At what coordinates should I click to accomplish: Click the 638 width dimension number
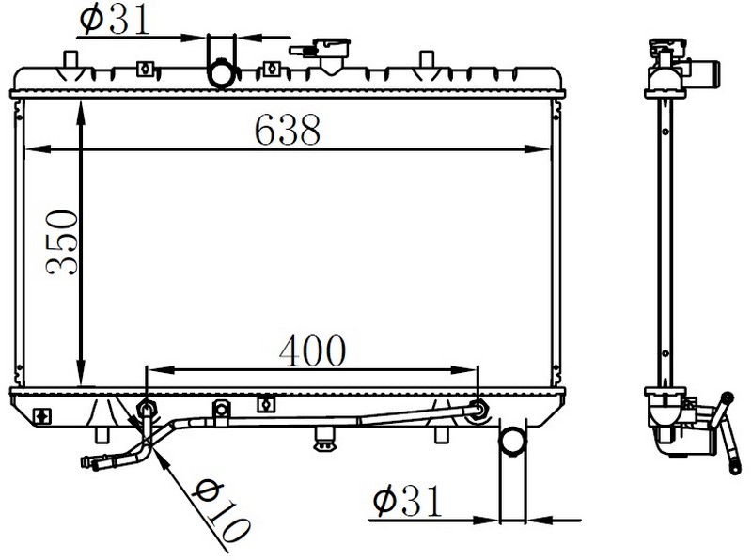287,130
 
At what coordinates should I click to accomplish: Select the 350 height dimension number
62,241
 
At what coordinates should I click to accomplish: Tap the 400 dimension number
312,351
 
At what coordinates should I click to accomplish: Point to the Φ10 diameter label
221,509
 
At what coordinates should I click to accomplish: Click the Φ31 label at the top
115,20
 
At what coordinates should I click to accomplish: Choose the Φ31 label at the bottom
407,501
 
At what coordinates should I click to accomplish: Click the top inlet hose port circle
222,73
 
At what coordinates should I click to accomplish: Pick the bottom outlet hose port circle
512,441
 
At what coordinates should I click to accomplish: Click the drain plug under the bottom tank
324,440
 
